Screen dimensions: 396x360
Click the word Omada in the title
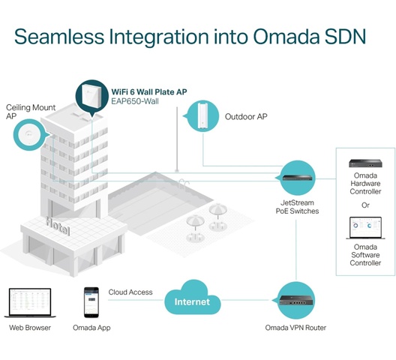[x=286, y=37]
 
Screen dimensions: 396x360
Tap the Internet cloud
[x=193, y=298]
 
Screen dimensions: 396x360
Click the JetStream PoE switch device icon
[x=297, y=178]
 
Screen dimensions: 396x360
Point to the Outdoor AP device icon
[x=202, y=115]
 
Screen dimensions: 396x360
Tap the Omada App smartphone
[x=91, y=302]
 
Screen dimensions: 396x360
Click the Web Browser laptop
[x=30, y=303]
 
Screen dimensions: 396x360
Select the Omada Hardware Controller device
[x=365, y=163]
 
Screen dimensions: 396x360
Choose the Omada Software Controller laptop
[x=365, y=228]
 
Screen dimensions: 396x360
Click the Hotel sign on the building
[x=58, y=226]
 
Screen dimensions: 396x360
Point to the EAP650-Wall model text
[x=135, y=101]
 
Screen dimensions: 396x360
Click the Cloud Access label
[x=130, y=292]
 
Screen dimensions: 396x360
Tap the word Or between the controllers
[x=365, y=205]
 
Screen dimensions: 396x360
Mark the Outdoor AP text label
[x=246, y=117]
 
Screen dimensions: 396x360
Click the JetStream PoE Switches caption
[x=297, y=207]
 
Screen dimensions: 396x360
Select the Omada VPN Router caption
[x=295, y=328]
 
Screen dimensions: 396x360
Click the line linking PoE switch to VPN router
[x=296, y=250]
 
